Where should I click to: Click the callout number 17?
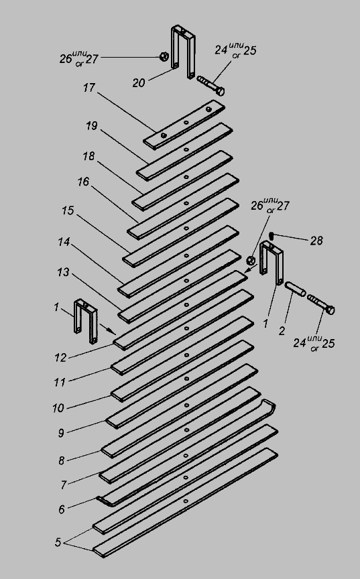pyautogui.click(x=89, y=88)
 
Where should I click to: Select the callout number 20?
pyautogui.click(x=139, y=83)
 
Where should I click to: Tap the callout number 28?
pyautogui.click(x=316, y=241)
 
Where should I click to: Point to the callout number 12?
pyautogui.click(x=60, y=357)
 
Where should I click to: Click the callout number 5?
pyautogui.click(x=58, y=542)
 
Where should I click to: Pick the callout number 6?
pyautogui.click(x=62, y=509)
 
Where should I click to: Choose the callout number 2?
pyautogui.click(x=282, y=331)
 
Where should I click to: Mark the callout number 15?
pyautogui.click(x=68, y=210)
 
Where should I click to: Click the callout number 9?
pyautogui.click(x=61, y=433)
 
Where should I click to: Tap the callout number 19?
pyautogui.click(x=92, y=126)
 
